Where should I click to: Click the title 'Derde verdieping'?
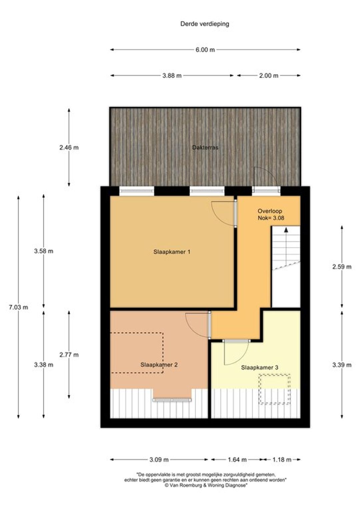204,24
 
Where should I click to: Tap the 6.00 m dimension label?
205,50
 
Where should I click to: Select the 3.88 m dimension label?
172,75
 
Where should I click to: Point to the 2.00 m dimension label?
269,75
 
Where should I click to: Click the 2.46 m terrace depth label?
69,148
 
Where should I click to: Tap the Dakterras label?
205,148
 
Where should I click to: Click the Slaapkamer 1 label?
172,252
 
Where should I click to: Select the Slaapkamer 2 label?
159,365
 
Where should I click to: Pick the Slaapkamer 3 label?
259,367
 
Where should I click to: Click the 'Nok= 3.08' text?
271,218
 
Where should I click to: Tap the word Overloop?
270,211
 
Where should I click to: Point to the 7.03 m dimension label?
18,307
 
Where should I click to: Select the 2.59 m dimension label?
342,266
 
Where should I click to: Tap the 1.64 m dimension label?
237,460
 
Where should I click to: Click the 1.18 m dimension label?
282,460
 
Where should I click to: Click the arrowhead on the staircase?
286,230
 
